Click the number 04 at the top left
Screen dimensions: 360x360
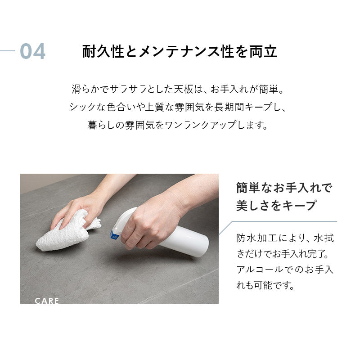32,51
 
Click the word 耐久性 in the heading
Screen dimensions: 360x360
103,51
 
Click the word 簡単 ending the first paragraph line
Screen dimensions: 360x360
269,89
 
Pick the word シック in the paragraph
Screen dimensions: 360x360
82,107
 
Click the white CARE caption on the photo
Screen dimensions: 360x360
47,301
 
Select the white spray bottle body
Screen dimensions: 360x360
184,241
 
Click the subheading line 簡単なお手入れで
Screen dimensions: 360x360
284,188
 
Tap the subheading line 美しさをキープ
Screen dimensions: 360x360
277,205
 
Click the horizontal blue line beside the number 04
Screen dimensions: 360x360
8,51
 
